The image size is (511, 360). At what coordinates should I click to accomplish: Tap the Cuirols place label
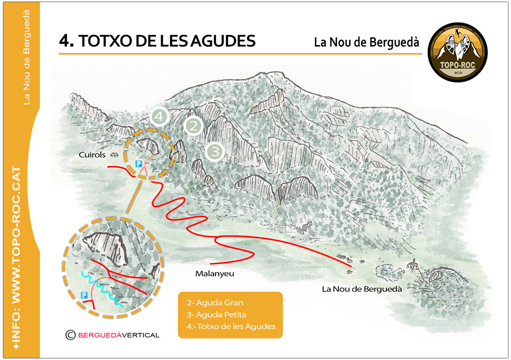pyautogui.click(x=93, y=155)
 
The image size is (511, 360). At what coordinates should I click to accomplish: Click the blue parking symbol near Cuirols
pyautogui.click(x=139, y=164)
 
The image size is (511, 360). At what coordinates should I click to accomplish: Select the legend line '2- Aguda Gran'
pyautogui.click(x=215, y=303)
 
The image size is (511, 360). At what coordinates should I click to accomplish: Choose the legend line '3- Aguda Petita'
pyautogui.click(x=217, y=315)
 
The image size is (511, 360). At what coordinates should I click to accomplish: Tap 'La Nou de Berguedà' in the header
pyautogui.click(x=367, y=42)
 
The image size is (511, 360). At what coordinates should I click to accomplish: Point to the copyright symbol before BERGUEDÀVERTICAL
pyautogui.click(x=70, y=335)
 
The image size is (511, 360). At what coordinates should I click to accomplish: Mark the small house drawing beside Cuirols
pyautogui.click(x=115, y=155)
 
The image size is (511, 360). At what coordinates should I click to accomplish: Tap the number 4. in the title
pyautogui.click(x=66, y=41)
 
